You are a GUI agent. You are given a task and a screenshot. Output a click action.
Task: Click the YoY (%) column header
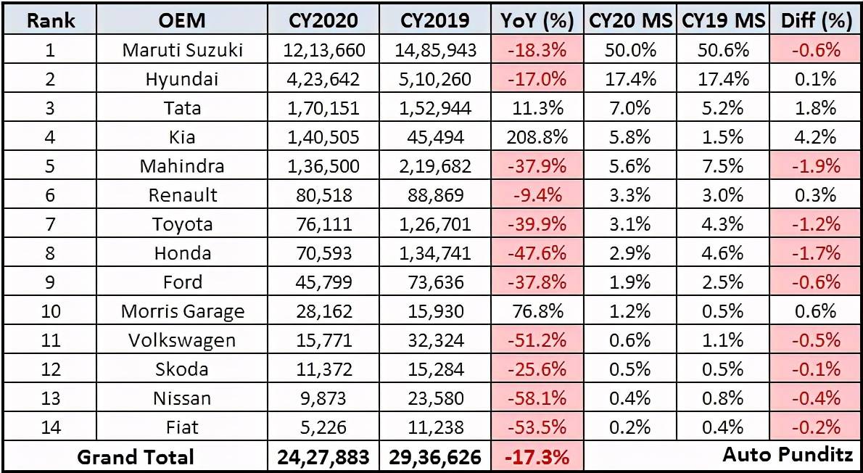[537, 20]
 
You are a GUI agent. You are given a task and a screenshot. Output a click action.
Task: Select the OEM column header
[181, 20]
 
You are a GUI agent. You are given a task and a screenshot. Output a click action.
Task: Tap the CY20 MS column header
[631, 20]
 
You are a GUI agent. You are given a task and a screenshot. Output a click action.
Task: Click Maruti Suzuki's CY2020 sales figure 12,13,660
[325, 50]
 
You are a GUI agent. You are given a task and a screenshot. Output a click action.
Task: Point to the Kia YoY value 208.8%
[537, 137]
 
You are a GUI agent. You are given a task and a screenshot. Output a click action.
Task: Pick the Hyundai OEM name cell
[181, 79]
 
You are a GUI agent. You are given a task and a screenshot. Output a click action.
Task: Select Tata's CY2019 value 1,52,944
[435, 108]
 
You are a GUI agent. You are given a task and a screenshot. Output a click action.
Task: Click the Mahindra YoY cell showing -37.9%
[537, 165]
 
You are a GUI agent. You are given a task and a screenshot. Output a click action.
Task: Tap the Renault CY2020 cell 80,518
[325, 195]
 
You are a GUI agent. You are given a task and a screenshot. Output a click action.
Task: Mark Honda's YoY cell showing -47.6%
[537, 252]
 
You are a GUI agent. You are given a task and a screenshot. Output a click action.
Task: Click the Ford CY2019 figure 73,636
[435, 282]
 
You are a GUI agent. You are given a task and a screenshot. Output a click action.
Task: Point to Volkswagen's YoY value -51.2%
[537, 340]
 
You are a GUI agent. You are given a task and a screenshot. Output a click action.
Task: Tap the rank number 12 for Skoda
[51, 369]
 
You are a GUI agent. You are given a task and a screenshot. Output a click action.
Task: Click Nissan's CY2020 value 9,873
[325, 398]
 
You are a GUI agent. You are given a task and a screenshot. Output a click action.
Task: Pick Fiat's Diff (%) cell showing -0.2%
[817, 427]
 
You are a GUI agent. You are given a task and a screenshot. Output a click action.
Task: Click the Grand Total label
[136, 456]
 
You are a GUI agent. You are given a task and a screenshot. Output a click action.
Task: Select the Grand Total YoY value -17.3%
[537, 456]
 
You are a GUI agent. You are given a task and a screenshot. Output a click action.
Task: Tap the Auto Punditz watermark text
[788, 455]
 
